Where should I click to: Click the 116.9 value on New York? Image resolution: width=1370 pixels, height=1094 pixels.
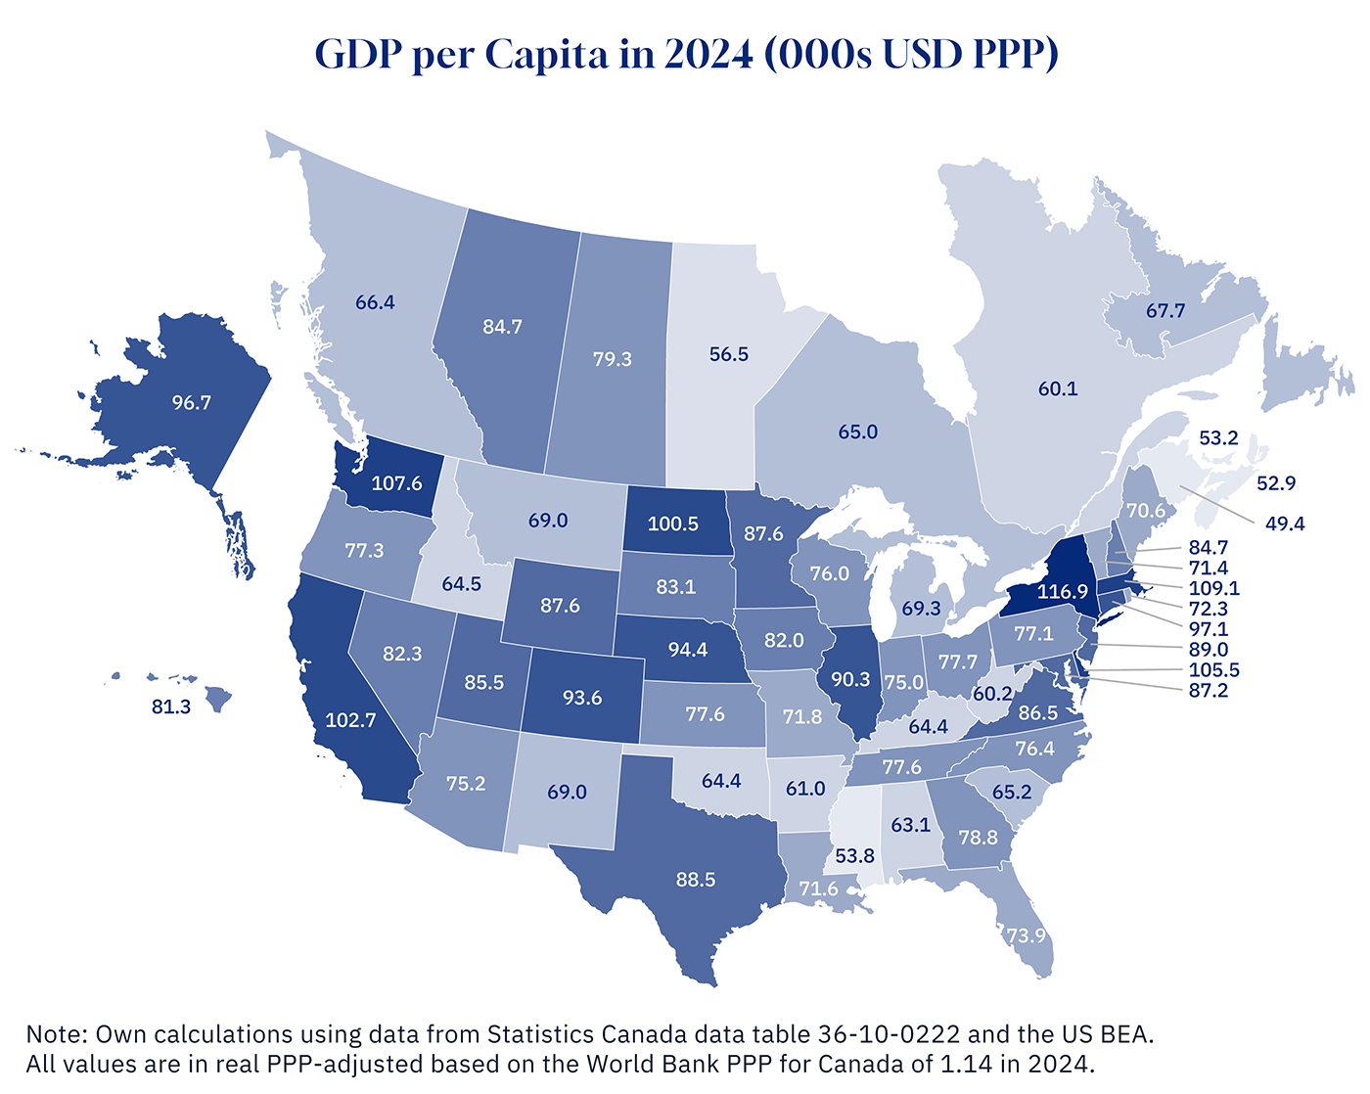point(1063,591)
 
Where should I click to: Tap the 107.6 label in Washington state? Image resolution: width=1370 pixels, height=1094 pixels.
point(396,483)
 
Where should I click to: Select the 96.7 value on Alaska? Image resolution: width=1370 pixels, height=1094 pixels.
point(192,402)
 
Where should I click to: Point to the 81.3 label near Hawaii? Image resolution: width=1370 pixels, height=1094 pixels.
point(171,707)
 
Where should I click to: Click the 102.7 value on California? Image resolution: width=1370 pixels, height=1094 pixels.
point(350,719)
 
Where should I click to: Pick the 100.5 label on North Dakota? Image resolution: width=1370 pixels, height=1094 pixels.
point(673,524)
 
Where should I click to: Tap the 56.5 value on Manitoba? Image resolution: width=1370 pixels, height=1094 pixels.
point(729,354)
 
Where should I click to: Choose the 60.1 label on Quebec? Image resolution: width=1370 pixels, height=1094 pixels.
point(1058,388)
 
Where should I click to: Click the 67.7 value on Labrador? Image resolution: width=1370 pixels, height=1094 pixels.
point(1165,311)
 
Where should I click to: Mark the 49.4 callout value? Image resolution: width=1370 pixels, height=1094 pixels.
point(1285,524)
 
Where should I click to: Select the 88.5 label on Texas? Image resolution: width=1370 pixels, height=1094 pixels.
point(696,880)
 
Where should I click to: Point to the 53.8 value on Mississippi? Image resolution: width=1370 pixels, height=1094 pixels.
point(854,856)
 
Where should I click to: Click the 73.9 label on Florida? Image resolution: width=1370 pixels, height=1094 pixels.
point(1027,935)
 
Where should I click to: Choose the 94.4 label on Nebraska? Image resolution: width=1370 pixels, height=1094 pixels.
point(688,650)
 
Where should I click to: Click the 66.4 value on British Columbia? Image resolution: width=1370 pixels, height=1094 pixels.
point(375,302)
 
